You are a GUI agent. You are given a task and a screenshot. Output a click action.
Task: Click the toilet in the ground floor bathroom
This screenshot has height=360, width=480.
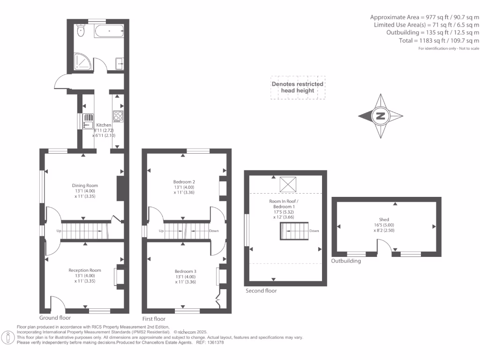[x=81, y=32]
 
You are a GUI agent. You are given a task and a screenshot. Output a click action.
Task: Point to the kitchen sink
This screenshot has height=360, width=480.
[x=88, y=121]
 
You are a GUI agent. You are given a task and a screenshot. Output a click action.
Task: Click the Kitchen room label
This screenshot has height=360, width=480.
[x=104, y=125]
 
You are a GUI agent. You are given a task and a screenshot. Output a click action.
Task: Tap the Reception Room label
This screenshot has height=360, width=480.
[x=84, y=270]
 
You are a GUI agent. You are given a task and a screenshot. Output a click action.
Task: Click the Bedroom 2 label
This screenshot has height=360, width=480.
[x=184, y=181]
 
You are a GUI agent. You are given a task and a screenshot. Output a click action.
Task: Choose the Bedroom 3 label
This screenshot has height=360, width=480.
[x=185, y=271]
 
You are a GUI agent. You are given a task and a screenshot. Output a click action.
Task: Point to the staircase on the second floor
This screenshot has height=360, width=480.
[x=293, y=231]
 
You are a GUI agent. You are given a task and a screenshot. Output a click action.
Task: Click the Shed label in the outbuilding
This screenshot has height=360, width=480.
[x=384, y=219]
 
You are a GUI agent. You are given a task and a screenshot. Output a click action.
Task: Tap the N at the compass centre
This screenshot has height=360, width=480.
[x=380, y=116]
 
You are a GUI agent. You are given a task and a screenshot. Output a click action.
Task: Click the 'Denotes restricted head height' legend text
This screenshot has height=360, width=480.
[x=298, y=87]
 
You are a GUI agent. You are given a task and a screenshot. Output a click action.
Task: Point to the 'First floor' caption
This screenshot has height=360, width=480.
[x=154, y=318]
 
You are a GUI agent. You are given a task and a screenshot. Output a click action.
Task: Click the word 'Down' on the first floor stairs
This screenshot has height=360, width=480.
[x=214, y=231]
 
